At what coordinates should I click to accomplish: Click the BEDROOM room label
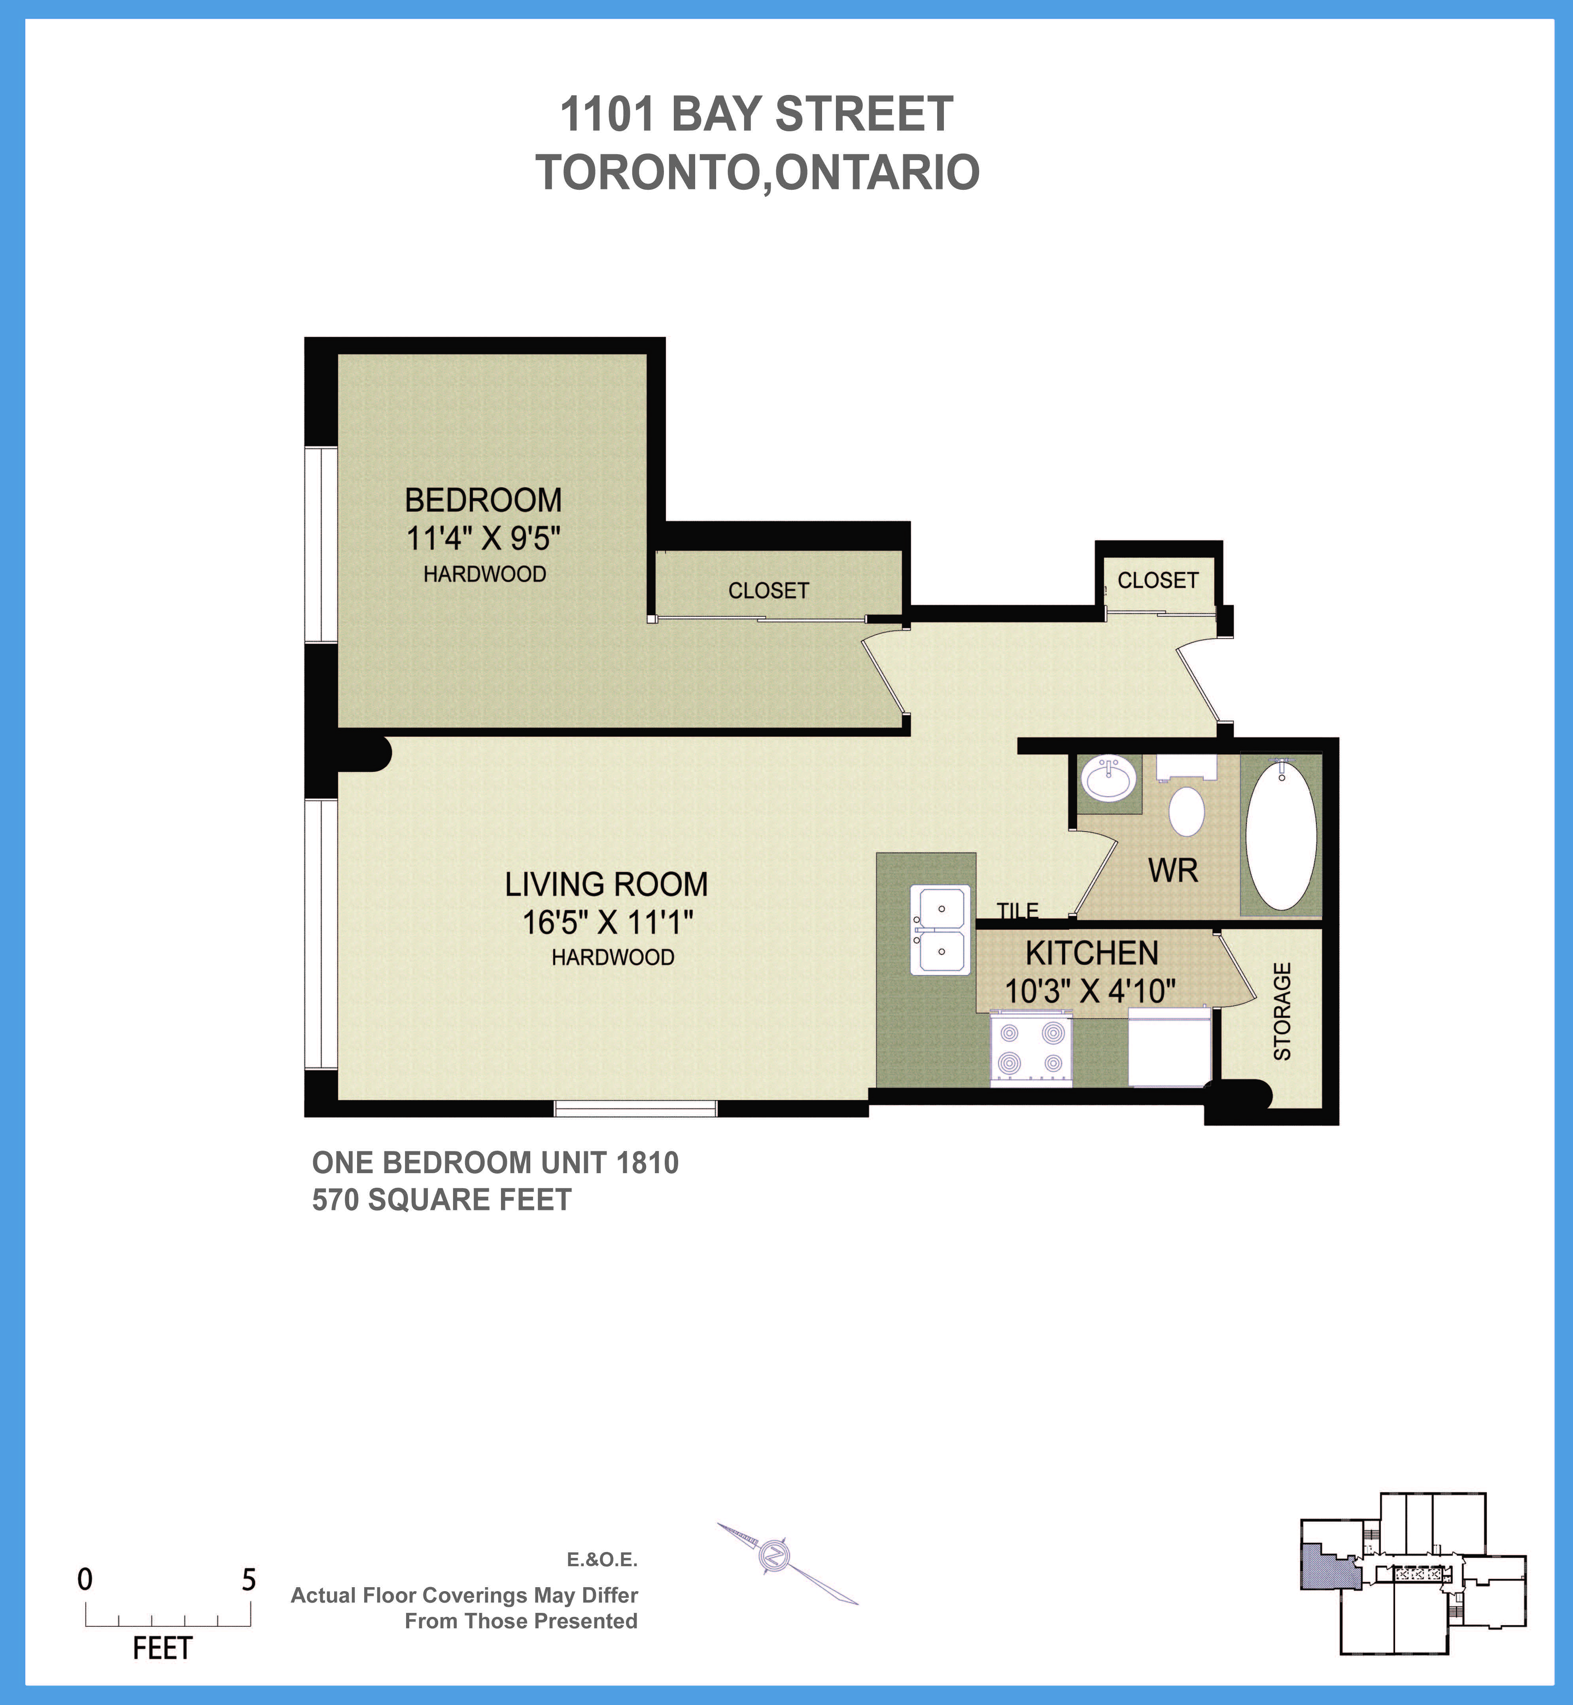(x=483, y=501)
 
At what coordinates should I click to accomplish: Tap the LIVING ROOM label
(x=606, y=885)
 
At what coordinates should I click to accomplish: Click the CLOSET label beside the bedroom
(x=768, y=591)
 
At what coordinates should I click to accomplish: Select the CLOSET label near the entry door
(x=1158, y=580)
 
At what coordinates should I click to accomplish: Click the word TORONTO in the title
(x=647, y=173)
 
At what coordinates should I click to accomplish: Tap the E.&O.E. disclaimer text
(x=602, y=1559)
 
